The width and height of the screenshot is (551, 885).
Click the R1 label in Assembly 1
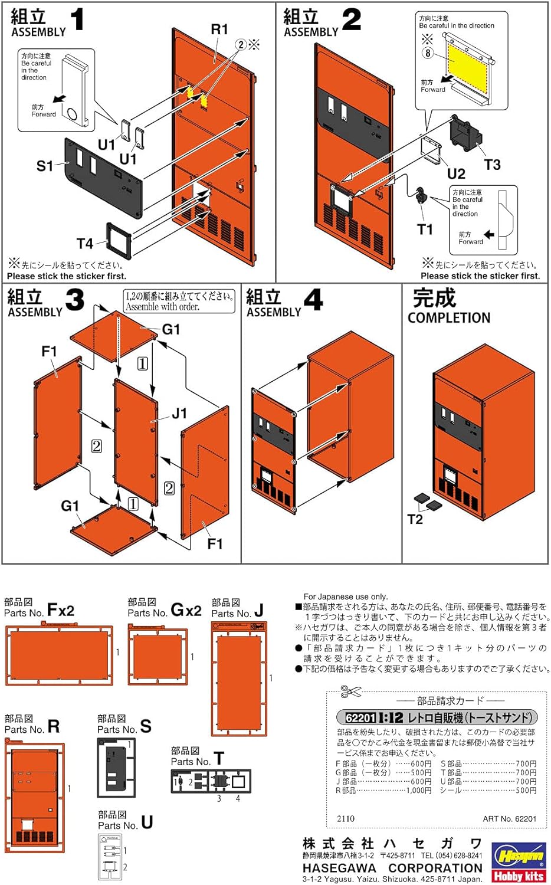[219, 29]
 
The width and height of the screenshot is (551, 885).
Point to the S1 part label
[45, 166]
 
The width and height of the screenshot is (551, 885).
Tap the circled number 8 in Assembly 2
[428, 53]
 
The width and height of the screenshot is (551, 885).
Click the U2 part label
[456, 173]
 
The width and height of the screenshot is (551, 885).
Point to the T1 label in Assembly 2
[425, 230]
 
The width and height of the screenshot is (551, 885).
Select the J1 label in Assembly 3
[179, 414]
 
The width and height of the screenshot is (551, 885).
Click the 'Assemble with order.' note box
[179, 301]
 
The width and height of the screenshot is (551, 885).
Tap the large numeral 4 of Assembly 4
[313, 300]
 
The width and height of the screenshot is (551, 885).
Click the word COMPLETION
[449, 317]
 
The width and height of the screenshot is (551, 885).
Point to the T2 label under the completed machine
[415, 519]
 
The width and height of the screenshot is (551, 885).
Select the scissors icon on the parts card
[351, 691]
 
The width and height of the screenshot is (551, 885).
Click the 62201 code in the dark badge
[360, 717]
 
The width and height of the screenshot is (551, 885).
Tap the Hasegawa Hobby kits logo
[519, 862]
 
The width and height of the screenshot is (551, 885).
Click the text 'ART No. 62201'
[509, 818]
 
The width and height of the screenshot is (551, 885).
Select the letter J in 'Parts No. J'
[258, 611]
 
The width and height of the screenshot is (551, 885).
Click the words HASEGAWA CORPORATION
[392, 868]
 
